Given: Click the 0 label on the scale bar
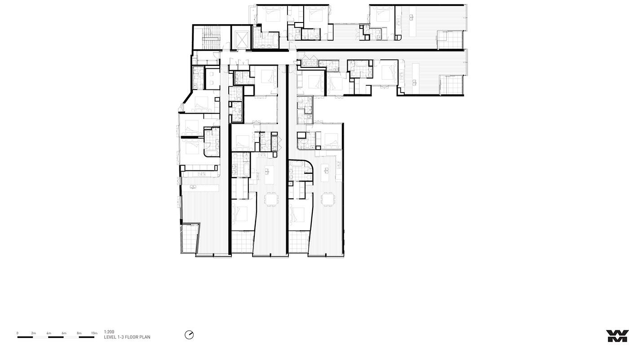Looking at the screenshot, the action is click(18, 333).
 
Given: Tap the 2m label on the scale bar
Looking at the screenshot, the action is click(34, 333).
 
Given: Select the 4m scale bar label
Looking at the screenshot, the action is click(49, 333).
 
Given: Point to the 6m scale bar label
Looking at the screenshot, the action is click(64, 333).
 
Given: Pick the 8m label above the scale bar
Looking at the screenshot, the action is click(79, 333).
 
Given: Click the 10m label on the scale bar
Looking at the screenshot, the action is click(94, 333).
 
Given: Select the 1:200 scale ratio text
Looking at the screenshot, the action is click(109, 332).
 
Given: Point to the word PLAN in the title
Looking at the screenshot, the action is click(146, 337).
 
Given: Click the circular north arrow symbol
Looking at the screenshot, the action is click(189, 335).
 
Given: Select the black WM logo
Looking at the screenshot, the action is click(617, 336).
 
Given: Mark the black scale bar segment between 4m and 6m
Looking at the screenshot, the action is click(56, 337).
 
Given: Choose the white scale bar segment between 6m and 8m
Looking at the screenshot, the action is click(71, 337).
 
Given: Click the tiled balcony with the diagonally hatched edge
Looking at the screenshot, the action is click(189, 238).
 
